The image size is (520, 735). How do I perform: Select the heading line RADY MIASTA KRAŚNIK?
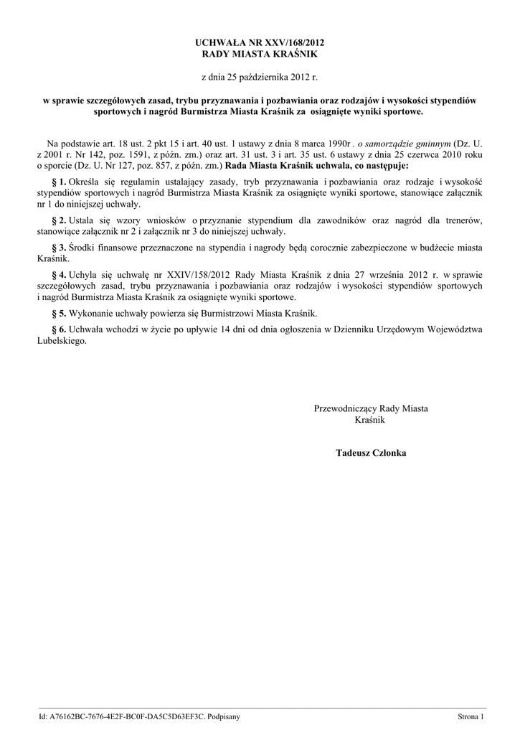point(260,54)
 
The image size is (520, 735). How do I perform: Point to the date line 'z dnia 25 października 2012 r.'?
point(260,77)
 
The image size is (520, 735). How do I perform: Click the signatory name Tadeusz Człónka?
point(370,453)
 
